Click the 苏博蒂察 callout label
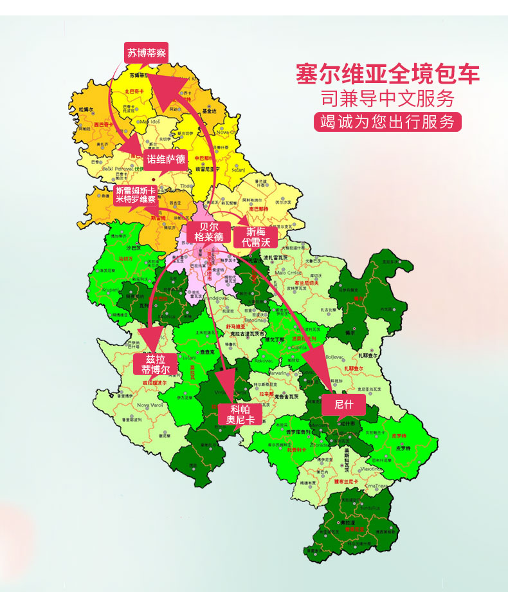coord(146,53)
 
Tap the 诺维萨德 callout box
coord(166,159)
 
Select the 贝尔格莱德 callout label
coord(208,232)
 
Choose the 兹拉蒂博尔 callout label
coord(154,364)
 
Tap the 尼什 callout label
coord(344,404)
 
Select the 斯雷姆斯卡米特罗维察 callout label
coord(136,195)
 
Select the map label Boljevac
coord(335,356)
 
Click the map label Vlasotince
coord(368,470)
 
